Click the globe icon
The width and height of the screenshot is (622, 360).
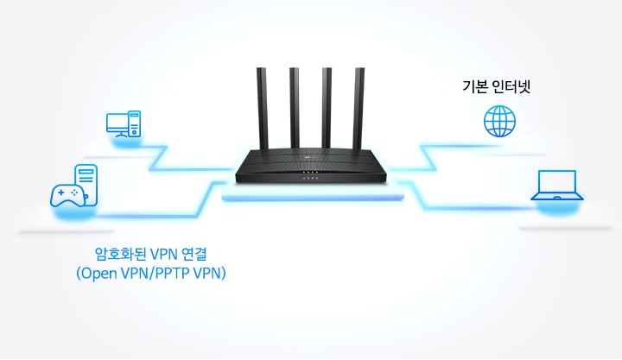tap(499, 121)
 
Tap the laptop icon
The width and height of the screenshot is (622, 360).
tap(557, 186)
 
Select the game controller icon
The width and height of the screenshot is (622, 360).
tap(68, 195)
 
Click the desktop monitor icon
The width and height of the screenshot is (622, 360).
tap(117, 125)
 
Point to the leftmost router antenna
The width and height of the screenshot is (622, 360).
tap(263, 109)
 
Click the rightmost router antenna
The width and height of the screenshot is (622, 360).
tap(359, 109)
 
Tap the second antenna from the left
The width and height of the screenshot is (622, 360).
tap(295, 109)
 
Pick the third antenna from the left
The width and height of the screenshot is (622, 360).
tap(327, 109)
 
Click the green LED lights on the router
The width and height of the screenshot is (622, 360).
tap(311, 173)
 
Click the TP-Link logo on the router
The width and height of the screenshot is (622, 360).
tap(310, 159)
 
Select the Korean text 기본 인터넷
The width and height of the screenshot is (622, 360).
tap(496, 86)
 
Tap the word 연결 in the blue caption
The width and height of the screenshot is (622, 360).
tap(194, 254)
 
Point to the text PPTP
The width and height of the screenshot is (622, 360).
tap(173, 273)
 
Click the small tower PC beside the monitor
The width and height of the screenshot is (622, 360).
tap(135, 123)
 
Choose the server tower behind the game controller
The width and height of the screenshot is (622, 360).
tap(86, 185)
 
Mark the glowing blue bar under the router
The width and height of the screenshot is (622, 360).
tap(313, 198)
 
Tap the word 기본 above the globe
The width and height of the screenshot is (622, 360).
tap(474, 86)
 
